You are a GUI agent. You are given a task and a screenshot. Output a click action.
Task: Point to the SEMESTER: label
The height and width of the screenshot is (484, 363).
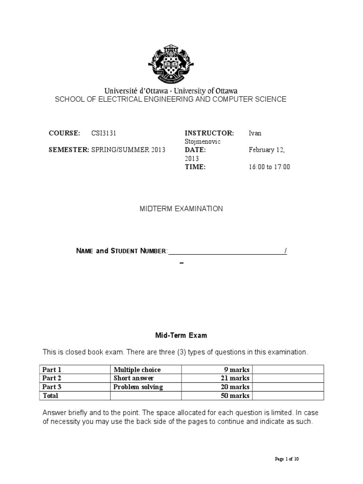[69, 150]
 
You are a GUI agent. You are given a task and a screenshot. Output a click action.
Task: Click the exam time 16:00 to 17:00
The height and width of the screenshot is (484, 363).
[269, 167]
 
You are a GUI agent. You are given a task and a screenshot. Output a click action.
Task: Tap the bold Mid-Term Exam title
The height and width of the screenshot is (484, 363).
[181, 336]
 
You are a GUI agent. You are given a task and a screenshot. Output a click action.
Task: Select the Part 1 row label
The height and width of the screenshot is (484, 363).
[52, 370]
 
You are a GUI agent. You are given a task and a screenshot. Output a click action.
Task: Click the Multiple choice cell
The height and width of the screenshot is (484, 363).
[137, 370]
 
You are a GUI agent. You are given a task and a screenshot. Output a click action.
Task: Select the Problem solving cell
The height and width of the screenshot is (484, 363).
[138, 387]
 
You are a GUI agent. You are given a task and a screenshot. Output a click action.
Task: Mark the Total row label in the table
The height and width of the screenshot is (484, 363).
[51, 395]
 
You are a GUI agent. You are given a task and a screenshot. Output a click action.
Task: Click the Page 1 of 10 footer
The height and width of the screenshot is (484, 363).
[287, 459]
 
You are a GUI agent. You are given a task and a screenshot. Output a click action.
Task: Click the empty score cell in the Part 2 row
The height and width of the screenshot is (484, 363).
[288, 378]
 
